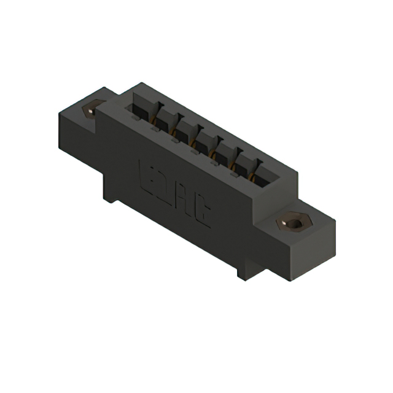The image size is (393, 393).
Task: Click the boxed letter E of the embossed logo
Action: point(150,174)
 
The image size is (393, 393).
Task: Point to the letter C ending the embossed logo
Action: point(204,216)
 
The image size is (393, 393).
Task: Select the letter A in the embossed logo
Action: point(188,203)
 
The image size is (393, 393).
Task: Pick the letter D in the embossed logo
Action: point(170,189)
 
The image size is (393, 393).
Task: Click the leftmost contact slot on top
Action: point(139,112)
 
